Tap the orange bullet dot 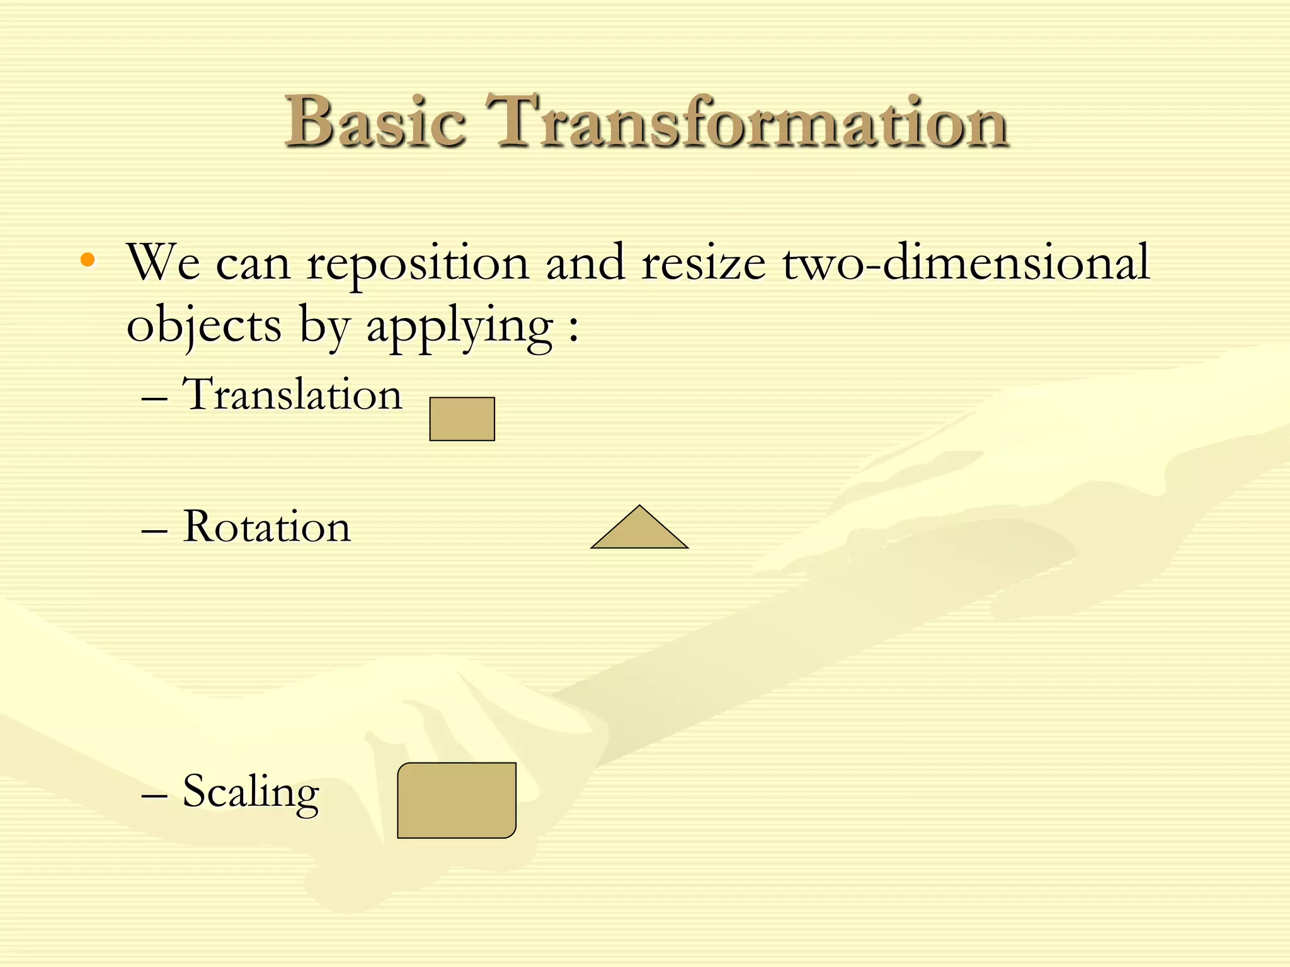point(88,259)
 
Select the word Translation point(292,395)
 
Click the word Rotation point(266,527)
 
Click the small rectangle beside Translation point(462,419)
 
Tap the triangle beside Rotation point(639,533)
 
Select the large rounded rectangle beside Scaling point(457,800)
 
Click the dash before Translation point(154,399)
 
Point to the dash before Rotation point(154,531)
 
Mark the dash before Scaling point(154,796)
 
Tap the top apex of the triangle point(639,506)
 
